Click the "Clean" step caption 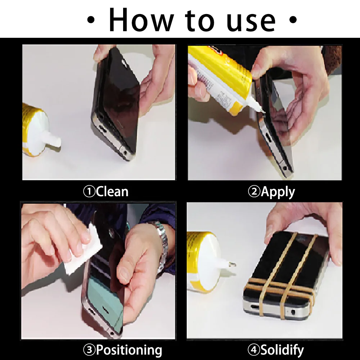point(112,192)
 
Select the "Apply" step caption point(278,192)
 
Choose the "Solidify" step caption point(282,350)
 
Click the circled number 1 point(89,192)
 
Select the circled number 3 point(90,350)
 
